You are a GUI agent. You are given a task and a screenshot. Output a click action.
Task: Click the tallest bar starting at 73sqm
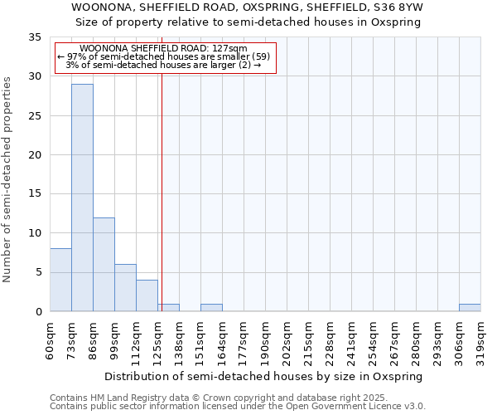(82, 198)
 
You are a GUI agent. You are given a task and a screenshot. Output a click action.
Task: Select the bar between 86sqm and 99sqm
(104, 264)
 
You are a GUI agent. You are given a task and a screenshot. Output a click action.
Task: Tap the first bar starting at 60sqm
(60, 280)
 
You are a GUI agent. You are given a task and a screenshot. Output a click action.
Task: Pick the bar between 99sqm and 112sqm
(125, 288)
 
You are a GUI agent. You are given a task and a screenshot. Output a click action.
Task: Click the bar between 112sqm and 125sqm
(147, 295)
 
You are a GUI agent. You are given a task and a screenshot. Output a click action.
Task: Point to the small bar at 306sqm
(470, 308)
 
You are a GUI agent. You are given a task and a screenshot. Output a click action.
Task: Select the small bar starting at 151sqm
(211, 308)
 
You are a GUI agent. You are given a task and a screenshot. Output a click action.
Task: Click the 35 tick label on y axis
(35, 37)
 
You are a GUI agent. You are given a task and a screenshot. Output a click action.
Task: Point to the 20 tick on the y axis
(35, 155)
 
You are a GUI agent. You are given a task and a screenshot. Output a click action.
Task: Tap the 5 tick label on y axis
(38, 272)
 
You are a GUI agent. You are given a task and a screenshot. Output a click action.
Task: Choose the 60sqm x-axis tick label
(51, 339)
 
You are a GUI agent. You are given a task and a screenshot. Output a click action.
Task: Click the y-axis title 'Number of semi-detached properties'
(7, 179)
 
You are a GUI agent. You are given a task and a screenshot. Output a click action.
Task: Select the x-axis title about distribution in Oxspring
(265, 376)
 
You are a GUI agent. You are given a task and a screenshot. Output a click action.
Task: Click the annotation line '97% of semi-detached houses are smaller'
(164, 56)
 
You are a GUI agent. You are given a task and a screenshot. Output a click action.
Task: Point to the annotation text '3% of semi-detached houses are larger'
(163, 65)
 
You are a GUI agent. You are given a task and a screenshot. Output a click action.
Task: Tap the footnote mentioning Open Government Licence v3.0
(238, 407)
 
